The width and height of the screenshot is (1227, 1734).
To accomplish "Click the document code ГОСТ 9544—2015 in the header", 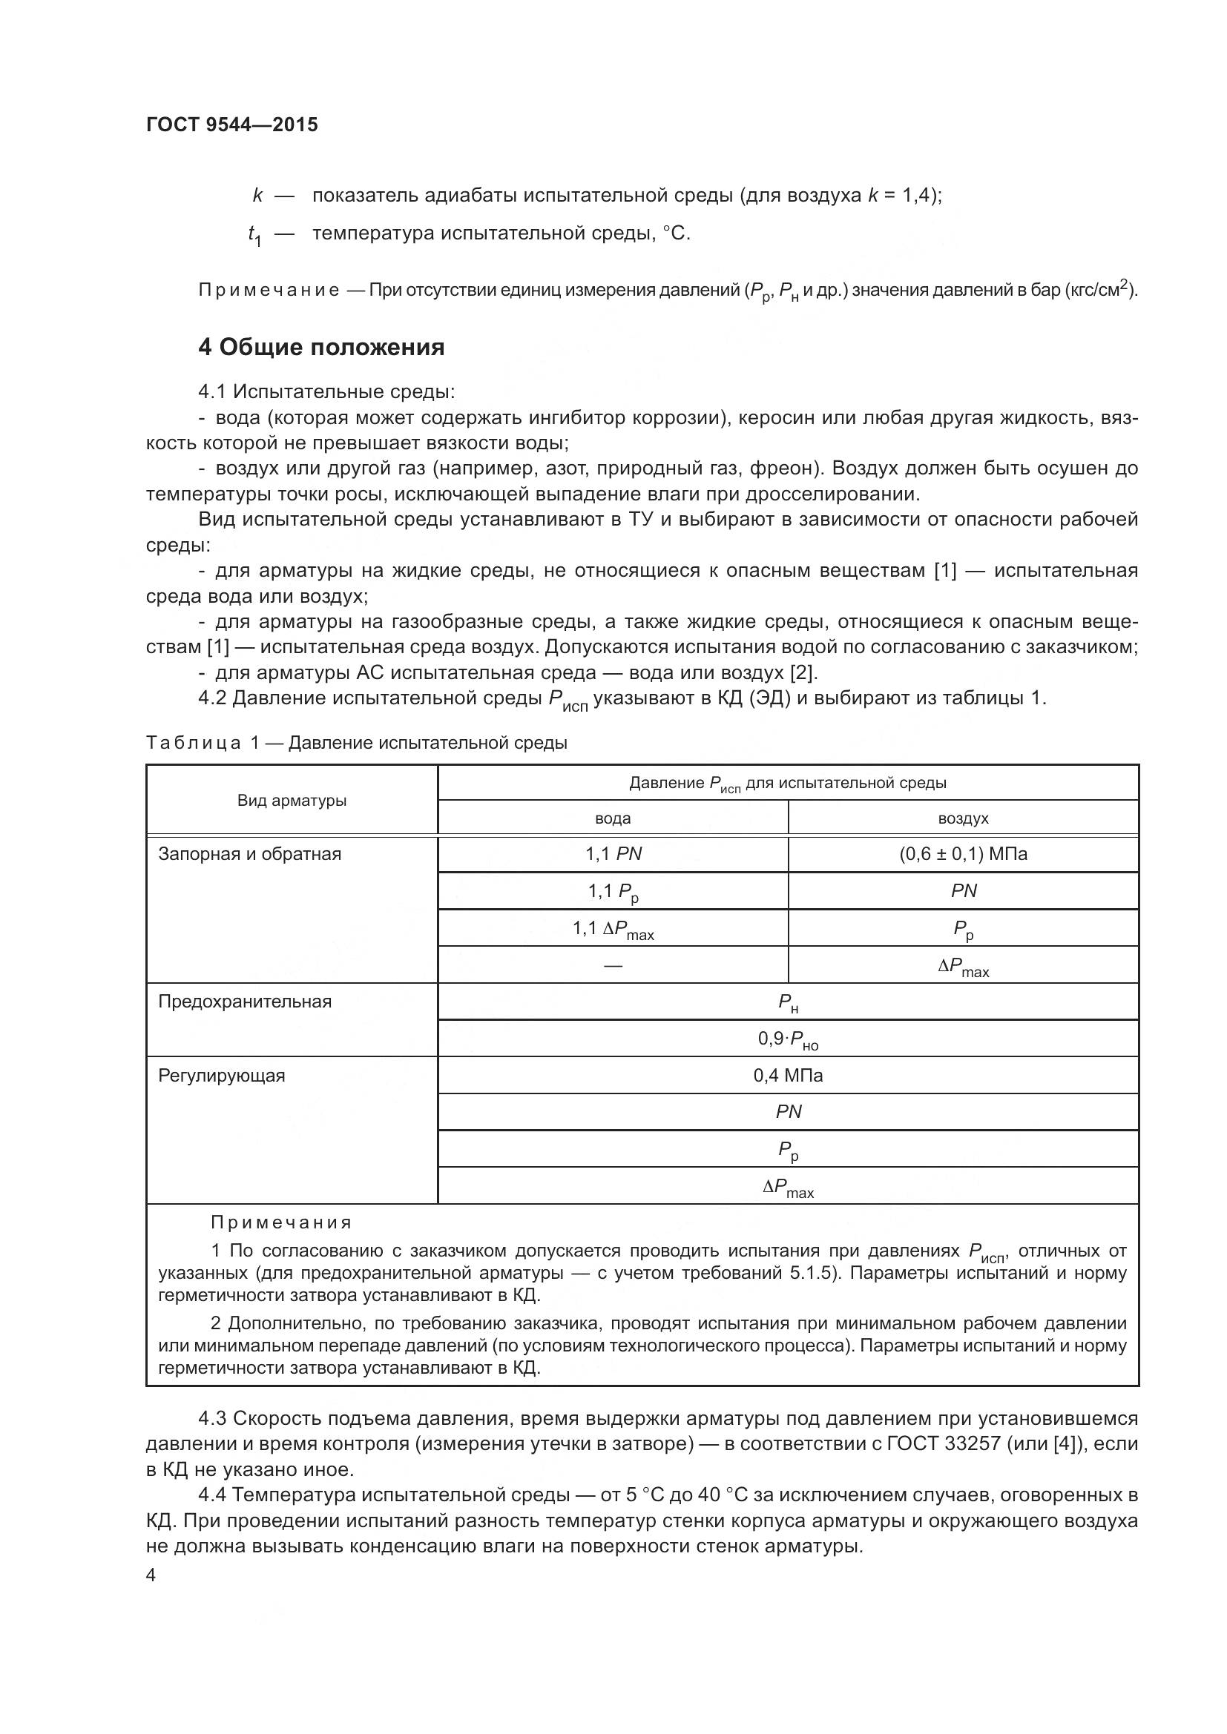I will pos(232,125).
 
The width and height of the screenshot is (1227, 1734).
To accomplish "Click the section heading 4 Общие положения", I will pos(321,348).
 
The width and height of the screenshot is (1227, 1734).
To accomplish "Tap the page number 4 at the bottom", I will pos(151,1575).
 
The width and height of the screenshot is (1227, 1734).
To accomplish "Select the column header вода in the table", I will pos(613,818).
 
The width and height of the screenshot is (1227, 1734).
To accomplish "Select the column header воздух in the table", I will pos(963,818).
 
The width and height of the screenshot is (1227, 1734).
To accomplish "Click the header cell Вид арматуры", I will pos(292,801).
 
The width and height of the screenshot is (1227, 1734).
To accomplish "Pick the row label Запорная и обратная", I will pos(249,854).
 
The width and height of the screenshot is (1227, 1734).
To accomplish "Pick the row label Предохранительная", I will pos(245,1002).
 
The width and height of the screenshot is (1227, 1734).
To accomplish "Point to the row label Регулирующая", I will pos(221,1076).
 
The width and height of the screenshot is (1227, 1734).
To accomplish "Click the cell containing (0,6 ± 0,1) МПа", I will pos(963,854).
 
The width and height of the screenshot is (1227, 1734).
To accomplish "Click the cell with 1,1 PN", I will pos(613,854).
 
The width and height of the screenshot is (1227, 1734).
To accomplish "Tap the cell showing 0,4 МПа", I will pos(787,1076).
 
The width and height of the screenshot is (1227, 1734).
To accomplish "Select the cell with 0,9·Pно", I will pos(787,1039).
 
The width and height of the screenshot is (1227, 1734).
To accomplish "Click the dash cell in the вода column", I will pos(613,965).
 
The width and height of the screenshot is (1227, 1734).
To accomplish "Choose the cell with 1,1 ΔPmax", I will pos(613,929).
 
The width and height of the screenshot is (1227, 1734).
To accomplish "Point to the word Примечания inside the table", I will pos(281,1222).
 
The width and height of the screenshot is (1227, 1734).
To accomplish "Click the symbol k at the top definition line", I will pos(257,196).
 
